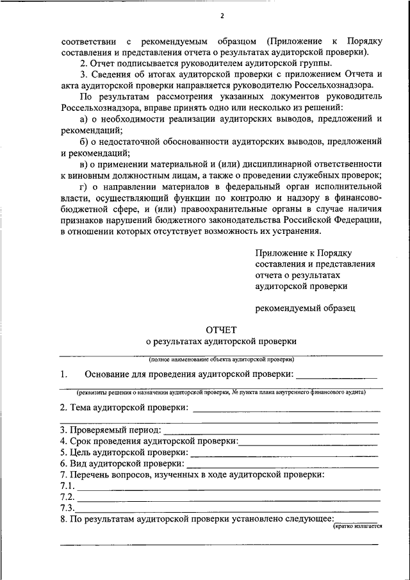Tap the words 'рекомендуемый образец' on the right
coord(305,308)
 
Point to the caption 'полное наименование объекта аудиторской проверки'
coord(221,360)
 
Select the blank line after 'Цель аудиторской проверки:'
coord(284,453)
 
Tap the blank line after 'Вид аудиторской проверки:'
coord(283,464)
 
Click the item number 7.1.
coord(67,486)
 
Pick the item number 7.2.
coord(67,497)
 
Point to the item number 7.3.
coord(67,508)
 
